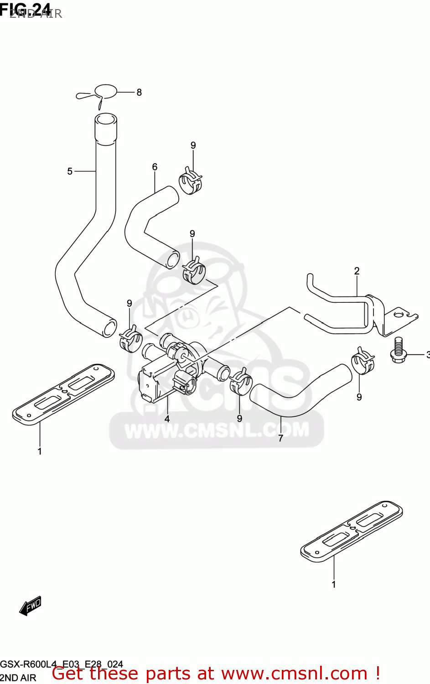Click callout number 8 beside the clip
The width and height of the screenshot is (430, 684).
(x=139, y=93)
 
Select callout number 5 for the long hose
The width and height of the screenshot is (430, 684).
(x=70, y=171)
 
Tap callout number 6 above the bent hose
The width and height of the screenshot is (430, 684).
(x=155, y=167)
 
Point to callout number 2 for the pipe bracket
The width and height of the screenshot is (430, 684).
(x=357, y=271)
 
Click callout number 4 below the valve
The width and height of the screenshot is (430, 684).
(x=167, y=419)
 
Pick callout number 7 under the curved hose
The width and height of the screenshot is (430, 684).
(x=280, y=438)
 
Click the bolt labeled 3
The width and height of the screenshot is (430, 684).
(x=398, y=350)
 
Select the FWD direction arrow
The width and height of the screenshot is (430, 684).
(x=31, y=606)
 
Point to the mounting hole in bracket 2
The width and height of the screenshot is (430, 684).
(x=400, y=314)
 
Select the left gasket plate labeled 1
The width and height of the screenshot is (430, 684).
(x=63, y=394)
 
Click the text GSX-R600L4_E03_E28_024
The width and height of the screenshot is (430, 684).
(x=62, y=664)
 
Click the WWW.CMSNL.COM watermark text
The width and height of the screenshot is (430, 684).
(x=217, y=430)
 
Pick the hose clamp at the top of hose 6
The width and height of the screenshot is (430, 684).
(x=190, y=181)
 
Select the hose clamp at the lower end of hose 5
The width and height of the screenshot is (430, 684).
(x=130, y=339)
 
